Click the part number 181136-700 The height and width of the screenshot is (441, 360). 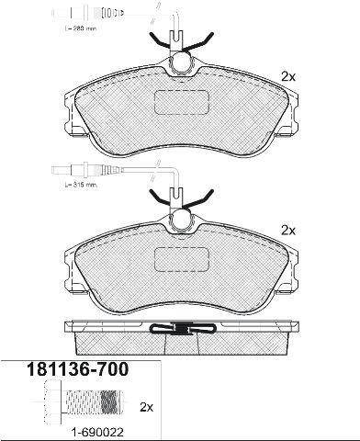click(77, 369)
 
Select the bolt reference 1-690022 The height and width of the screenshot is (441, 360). click(97, 433)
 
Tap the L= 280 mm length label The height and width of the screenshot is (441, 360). click(81, 28)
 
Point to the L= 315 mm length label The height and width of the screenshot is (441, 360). click(81, 185)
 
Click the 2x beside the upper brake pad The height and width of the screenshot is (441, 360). click(288, 76)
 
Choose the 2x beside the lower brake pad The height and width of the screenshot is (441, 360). click(288, 231)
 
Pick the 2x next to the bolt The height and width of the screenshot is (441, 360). click(146, 407)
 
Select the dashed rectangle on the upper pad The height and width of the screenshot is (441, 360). click(182, 103)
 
